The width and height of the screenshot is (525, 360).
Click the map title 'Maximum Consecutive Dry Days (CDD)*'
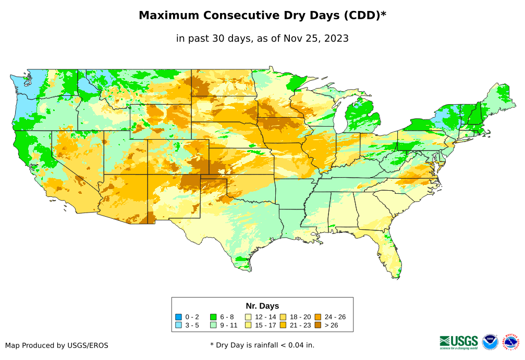(262, 16)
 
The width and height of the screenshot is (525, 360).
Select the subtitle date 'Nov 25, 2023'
(319, 39)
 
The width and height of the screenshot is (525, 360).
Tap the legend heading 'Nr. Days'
(262, 306)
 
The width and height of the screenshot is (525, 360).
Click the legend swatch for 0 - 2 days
(179, 317)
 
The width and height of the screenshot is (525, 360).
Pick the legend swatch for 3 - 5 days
(179, 325)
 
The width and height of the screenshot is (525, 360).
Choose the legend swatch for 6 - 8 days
(213, 317)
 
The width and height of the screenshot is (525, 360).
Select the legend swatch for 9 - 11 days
(213, 325)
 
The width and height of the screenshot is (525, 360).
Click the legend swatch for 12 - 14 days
(249, 317)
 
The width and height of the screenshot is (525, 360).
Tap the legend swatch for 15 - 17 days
(249, 325)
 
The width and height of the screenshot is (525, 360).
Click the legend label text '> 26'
(332, 325)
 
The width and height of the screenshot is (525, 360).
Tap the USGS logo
(459, 342)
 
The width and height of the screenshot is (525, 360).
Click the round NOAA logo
(490, 342)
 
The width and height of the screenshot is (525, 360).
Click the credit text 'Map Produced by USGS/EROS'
(57, 345)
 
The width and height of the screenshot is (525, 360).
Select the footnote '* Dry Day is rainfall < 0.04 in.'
(262, 345)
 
